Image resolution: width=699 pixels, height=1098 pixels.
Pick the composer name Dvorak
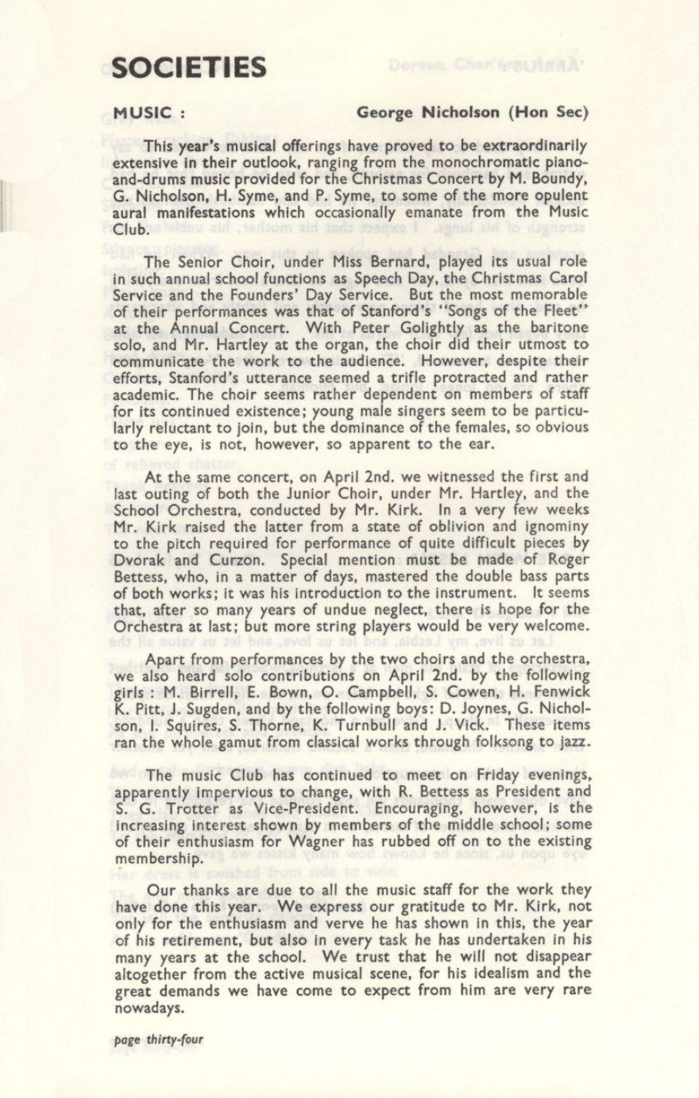click(144, 559)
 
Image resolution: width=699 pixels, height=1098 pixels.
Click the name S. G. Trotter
click(164, 808)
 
